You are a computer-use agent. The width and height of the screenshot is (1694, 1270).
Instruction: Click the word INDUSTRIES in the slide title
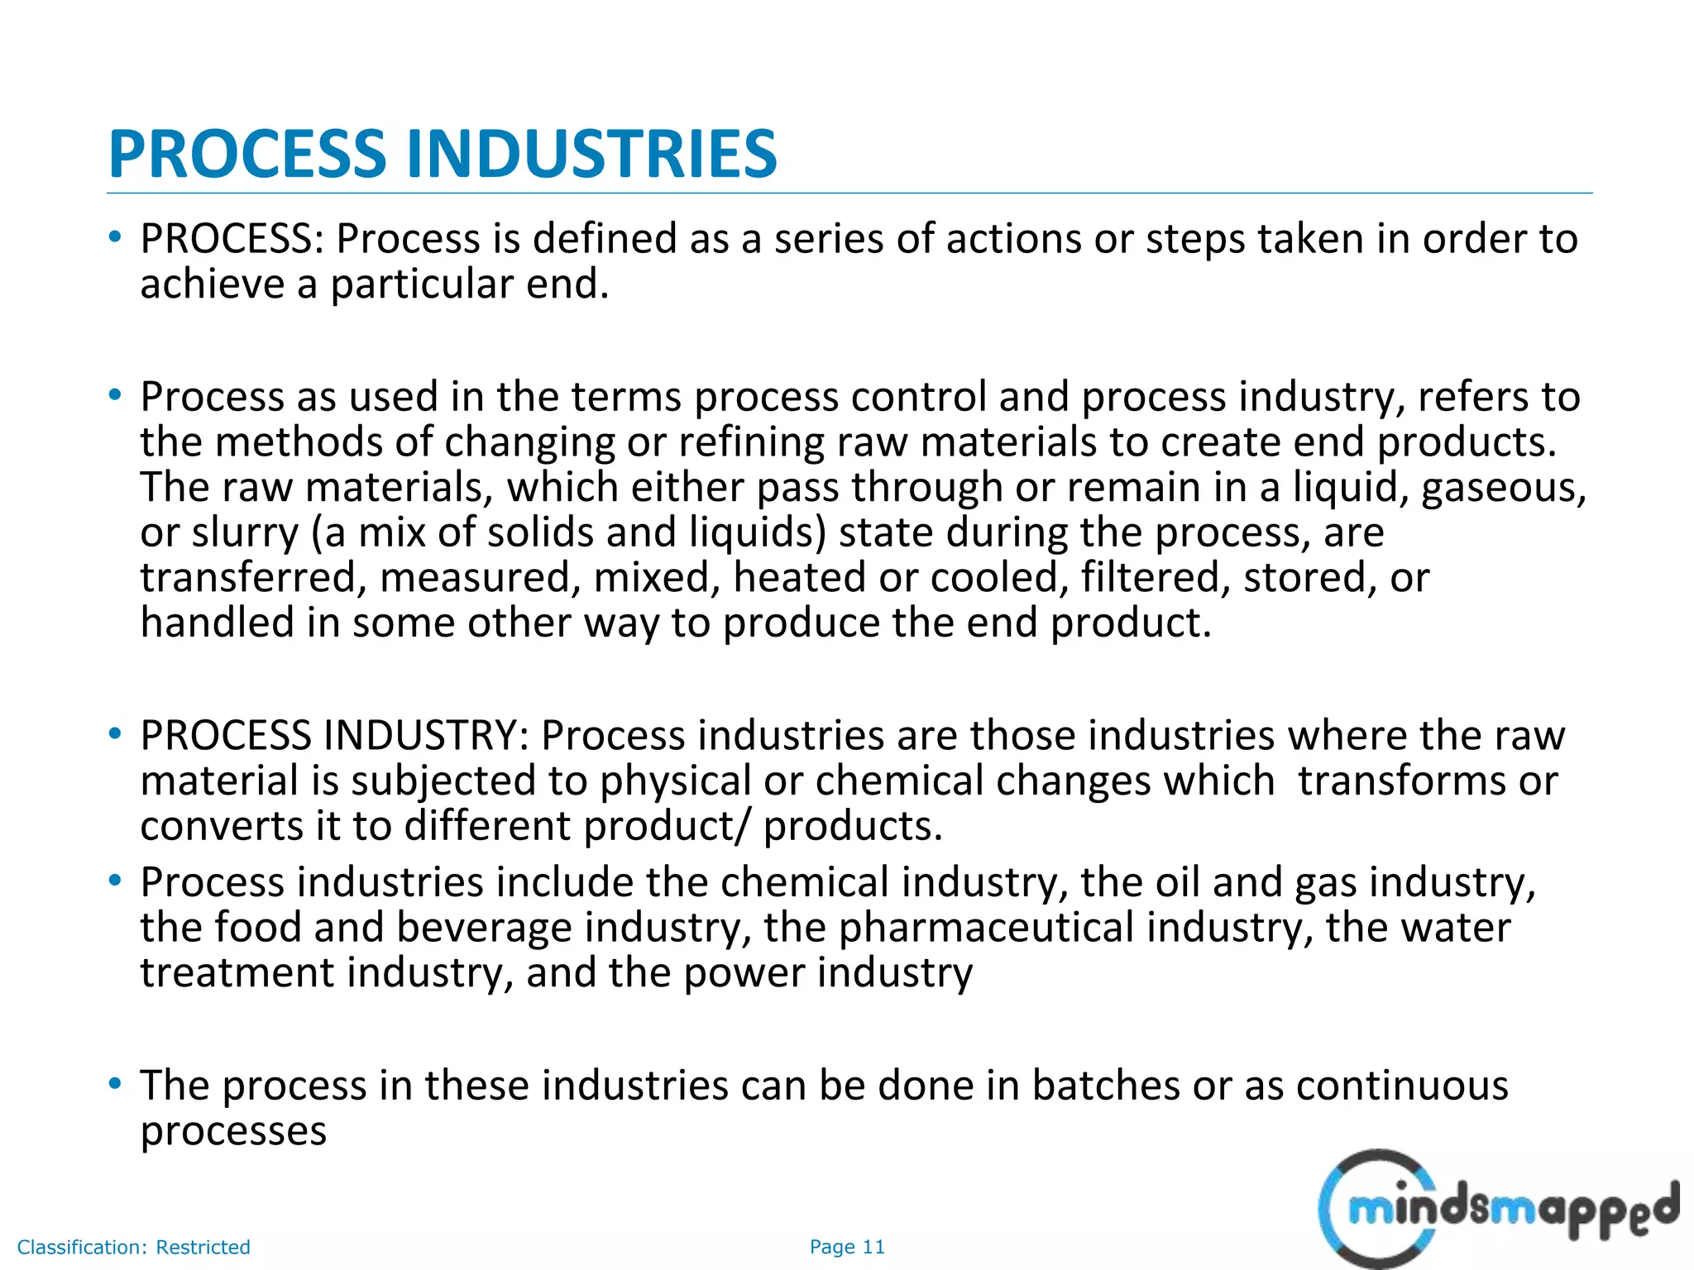591,155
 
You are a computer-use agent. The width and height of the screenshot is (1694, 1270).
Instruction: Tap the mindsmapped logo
1497,1209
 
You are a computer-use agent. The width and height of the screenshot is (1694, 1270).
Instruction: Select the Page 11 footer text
847,1247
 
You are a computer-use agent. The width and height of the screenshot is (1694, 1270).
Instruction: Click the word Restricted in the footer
203,1248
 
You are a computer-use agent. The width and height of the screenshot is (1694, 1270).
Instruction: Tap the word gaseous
1503,488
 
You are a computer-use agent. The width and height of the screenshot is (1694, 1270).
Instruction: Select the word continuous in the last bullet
1402,1086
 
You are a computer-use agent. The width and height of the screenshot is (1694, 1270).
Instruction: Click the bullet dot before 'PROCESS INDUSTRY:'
116,733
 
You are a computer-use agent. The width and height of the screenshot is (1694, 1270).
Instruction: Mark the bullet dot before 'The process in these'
116,1083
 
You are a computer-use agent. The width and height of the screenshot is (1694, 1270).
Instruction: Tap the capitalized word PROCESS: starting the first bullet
232,239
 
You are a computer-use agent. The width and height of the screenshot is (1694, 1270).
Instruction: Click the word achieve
211,284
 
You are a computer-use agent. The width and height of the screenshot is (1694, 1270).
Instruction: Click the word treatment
237,973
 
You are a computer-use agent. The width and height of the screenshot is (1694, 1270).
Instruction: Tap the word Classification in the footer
80,1248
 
